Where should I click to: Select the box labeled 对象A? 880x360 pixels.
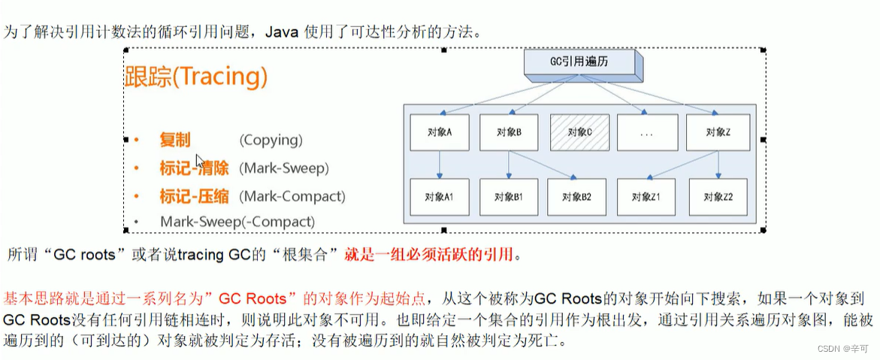(x=440, y=132)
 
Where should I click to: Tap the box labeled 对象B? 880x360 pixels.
(x=509, y=132)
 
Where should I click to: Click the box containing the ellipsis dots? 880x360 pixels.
(x=648, y=132)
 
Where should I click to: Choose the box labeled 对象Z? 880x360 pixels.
(x=716, y=132)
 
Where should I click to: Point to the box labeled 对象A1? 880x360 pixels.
(x=440, y=198)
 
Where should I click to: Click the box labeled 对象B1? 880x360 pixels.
(x=509, y=198)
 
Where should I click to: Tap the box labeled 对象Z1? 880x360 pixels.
(x=647, y=198)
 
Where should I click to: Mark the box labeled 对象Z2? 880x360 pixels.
(x=716, y=198)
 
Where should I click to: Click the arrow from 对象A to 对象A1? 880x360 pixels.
(x=440, y=165)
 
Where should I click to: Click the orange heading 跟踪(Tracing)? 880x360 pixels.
(x=195, y=77)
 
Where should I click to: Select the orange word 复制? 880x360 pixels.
(x=175, y=140)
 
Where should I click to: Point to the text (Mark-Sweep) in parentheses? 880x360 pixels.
(x=284, y=168)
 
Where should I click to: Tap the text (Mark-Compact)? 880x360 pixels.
(x=292, y=196)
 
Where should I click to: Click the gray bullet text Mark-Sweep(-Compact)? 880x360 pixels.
(x=237, y=222)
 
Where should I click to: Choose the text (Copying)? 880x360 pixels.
(x=271, y=140)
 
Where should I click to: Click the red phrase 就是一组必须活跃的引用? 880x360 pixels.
(x=429, y=255)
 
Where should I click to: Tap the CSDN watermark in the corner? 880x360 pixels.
(x=845, y=349)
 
